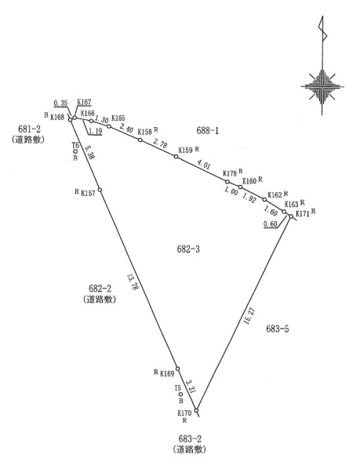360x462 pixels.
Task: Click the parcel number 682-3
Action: [x=188, y=249]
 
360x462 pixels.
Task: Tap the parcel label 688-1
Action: [x=207, y=130]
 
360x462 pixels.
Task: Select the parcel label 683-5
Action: [x=277, y=329]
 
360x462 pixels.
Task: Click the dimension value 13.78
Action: [x=133, y=283]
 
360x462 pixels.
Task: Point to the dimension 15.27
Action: [x=249, y=316]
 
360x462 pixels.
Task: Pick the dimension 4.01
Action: [x=203, y=165]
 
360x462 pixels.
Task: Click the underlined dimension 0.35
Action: [x=60, y=103]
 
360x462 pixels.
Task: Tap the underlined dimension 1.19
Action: [x=95, y=131]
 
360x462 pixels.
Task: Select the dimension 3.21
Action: [x=190, y=386]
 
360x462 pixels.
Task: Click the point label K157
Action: [x=88, y=193]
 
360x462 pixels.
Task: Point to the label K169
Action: [x=167, y=373]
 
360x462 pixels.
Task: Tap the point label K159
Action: [x=185, y=150]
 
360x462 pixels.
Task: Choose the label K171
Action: [x=303, y=214]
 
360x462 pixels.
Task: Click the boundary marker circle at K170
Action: [x=196, y=410]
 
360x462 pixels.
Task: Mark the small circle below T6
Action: [x=75, y=151]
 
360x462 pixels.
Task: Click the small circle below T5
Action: [x=181, y=395]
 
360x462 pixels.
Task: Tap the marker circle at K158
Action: [x=140, y=140]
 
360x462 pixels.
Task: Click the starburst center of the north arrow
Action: [x=322, y=86]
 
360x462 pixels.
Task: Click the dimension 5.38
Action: [x=90, y=152]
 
